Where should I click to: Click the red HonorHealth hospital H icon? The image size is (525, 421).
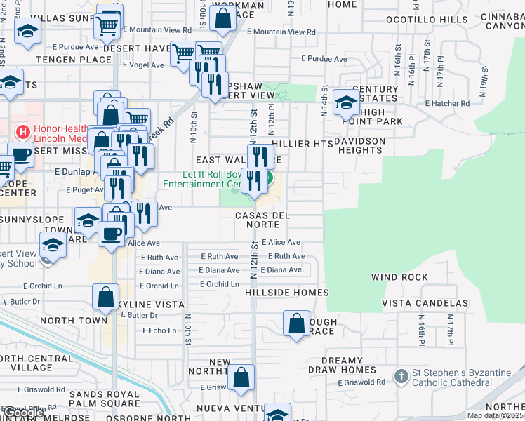pyautogui.click(x=23, y=131)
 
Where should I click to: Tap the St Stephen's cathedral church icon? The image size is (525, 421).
pyautogui.click(x=401, y=377)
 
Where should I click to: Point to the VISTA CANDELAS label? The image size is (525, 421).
pyautogui.click(x=425, y=303)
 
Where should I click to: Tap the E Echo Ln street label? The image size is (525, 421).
pyautogui.click(x=159, y=330)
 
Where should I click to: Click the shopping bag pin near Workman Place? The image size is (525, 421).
pyautogui.click(x=222, y=20)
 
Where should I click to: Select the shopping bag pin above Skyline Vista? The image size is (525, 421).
pyautogui.click(x=105, y=298)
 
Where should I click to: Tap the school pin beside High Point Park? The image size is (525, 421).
pyautogui.click(x=346, y=103)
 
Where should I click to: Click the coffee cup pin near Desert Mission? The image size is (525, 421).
pyautogui.click(x=20, y=154)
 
